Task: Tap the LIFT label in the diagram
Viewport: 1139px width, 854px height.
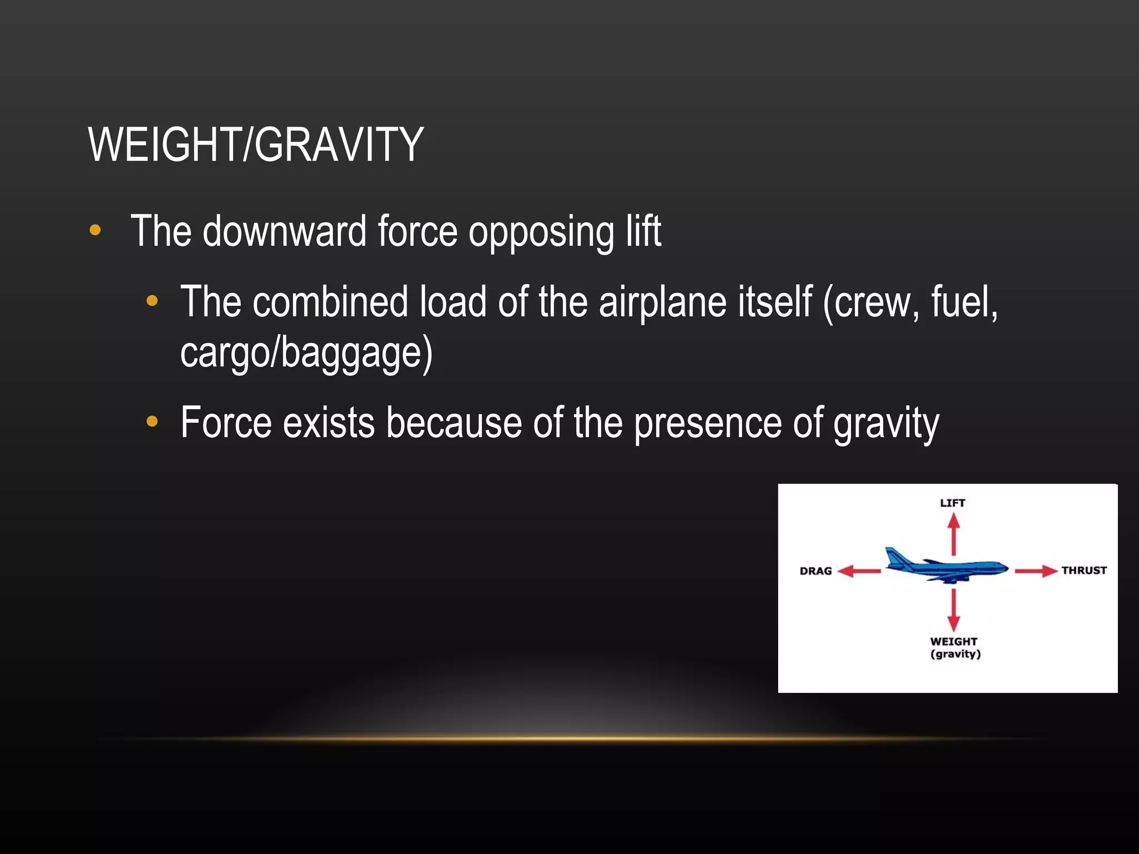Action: (x=952, y=503)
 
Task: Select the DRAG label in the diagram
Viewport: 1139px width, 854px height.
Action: (x=815, y=571)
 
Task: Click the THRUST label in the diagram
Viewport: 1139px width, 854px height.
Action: (x=1083, y=570)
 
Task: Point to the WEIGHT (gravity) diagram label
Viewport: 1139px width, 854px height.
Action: (x=954, y=648)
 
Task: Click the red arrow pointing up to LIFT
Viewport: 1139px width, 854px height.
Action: (x=954, y=534)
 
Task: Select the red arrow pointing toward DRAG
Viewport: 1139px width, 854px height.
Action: (x=859, y=571)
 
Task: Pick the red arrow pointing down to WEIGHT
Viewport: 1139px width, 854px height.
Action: (x=954, y=609)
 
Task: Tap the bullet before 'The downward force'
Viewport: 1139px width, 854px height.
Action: (x=95, y=230)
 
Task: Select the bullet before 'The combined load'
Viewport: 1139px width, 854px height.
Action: (x=152, y=301)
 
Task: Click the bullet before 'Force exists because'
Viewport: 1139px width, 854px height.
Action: (x=152, y=422)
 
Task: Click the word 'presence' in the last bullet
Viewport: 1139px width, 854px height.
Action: (x=707, y=424)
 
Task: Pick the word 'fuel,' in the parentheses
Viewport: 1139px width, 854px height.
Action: (x=964, y=302)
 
